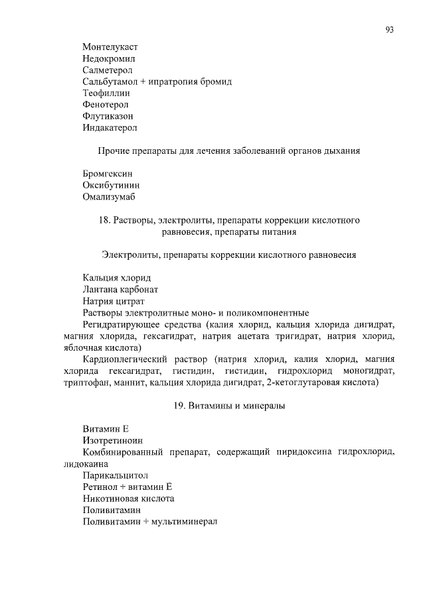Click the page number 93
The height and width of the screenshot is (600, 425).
pyautogui.click(x=389, y=30)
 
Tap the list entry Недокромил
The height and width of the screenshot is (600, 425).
pyautogui.click(x=109, y=59)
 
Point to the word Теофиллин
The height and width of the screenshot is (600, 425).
pyautogui.click(x=106, y=93)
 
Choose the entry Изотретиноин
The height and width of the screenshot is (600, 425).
pyautogui.click(x=112, y=440)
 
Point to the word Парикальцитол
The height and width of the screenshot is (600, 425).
pyautogui.click(x=111, y=475)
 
